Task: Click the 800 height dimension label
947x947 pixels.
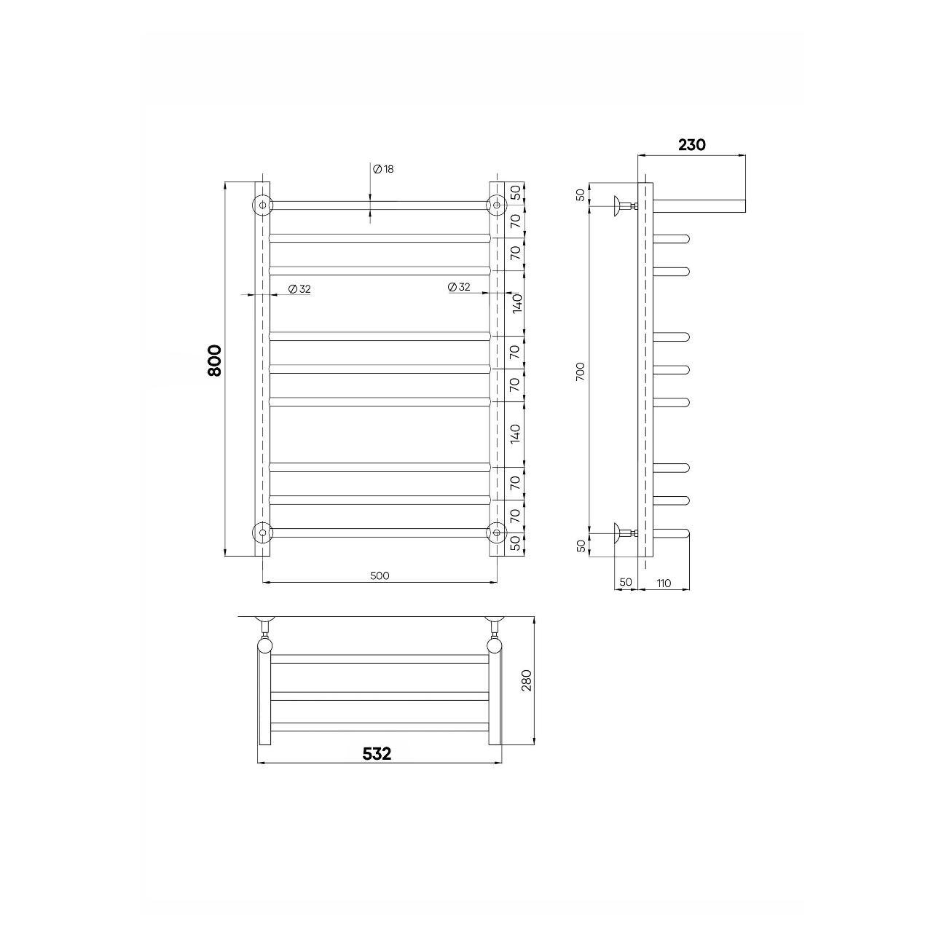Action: pos(215,361)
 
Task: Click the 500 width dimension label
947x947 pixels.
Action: pos(380,575)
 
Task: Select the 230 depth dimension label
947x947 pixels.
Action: pos(692,145)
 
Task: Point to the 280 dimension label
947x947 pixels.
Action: pos(527,680)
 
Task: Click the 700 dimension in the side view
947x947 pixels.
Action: pos(581,372)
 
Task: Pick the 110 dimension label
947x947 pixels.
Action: pos(664,583)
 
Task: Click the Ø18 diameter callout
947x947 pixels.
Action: pos(383,169)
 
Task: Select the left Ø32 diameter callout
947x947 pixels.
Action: pos(300,289)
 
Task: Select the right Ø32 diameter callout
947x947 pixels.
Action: pos(459,287)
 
